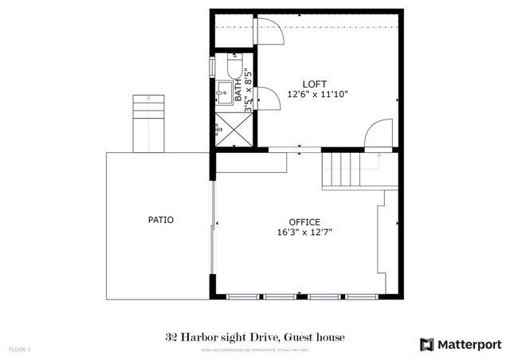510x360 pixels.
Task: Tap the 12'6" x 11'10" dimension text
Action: tap(317, 94)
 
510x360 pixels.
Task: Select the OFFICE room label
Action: tap(304, 222)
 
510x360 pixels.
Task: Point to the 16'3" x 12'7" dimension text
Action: tap(304, 233)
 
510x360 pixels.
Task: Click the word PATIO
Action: tap(160, 220)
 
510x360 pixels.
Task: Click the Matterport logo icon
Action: tap(427, 343)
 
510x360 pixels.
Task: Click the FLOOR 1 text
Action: tap(19, 350)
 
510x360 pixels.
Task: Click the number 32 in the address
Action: tap(171, 338)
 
